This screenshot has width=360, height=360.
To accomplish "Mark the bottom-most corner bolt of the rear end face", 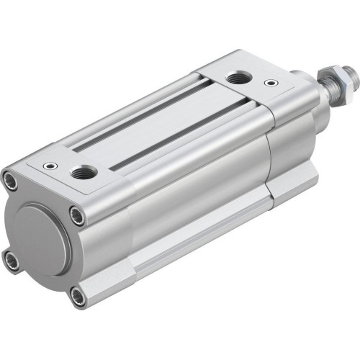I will [x=76, y=294].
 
